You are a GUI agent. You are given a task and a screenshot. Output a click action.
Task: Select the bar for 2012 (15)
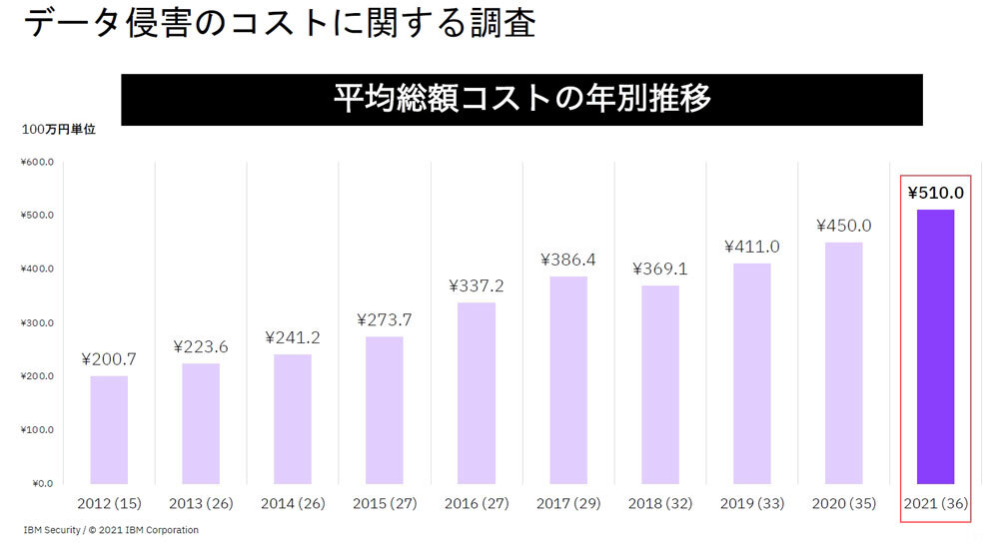click(109, 429)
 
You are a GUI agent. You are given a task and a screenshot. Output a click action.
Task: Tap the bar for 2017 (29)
click(568, 380)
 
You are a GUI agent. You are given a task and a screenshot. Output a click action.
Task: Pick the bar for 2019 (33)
click(751, 373)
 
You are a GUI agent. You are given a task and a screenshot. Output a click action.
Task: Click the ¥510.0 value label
click(935, 193)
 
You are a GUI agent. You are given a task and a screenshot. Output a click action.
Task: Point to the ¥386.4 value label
click(568, 260)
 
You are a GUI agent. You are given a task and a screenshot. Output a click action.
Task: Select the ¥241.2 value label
click(293, 337)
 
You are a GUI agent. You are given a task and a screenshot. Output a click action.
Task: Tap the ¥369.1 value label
click(660, 269)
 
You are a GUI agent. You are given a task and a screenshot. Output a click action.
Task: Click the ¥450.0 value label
click(843, 226)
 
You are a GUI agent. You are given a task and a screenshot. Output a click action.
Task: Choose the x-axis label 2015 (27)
click(385, 503)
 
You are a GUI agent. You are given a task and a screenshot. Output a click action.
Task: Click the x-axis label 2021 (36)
click(935, 503)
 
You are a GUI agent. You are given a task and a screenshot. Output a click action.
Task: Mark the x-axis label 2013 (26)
click(201, 503)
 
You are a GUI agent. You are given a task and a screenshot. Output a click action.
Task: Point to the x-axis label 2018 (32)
click(660, 503)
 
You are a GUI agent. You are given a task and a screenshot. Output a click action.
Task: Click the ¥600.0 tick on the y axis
click(36, 162)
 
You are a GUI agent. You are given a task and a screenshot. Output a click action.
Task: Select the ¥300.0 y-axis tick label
click(36, 322)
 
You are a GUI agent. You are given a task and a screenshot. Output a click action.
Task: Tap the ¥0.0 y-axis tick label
click(40, 483)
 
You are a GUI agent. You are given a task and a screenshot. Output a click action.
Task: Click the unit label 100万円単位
click(58, 130)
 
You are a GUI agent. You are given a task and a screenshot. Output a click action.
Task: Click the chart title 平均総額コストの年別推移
click(521, 100)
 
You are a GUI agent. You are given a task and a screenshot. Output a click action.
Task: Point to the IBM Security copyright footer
click(111, 530)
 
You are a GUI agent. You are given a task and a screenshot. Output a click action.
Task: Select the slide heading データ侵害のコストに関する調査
click(279, 23)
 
